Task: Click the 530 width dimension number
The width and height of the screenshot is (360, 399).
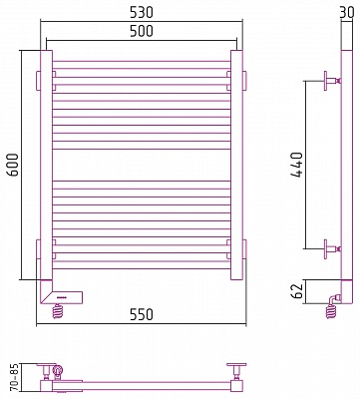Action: pos(142,13)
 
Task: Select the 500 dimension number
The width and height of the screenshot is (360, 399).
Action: pos(142,31)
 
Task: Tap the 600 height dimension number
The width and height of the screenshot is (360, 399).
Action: pos(13,165)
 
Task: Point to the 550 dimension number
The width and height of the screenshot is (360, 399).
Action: pos(142,314)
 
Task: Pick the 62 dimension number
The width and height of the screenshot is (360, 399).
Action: pos(298,291)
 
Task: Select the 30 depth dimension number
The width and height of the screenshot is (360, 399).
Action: pos(349,13)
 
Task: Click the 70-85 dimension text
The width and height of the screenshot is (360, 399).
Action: pos(13,377)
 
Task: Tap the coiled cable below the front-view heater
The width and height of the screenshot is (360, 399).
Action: pos(58,311)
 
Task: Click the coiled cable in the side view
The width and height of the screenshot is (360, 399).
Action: pos(332,311)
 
